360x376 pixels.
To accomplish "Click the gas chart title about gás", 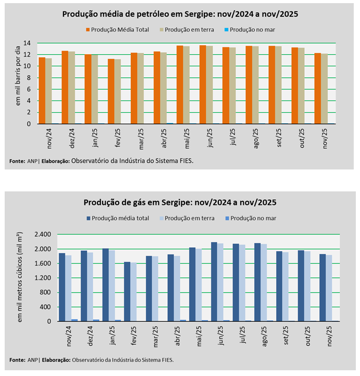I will pos(180,202).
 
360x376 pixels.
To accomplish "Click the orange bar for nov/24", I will pos(42,91).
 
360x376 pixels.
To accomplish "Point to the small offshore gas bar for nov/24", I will pos(75,320).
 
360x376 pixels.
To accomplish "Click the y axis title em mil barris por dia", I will pos(17,79).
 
